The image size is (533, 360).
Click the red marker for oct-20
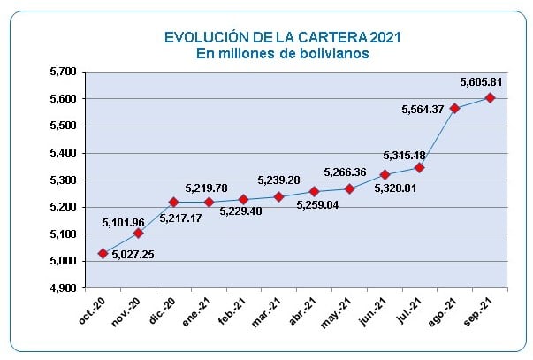pos(103,253)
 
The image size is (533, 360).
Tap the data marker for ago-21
pos(454,109)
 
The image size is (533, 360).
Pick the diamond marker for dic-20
pos(173,202)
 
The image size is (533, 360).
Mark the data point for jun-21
pos(385,174)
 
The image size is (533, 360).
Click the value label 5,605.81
pos(482,82)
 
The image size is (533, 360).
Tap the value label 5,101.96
pos(125,222)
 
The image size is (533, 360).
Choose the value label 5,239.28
pos(279,180)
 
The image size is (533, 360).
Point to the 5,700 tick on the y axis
pos(63,71)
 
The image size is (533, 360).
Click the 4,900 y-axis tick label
pos(63,288)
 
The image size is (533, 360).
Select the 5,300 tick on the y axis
pos(63,180)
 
